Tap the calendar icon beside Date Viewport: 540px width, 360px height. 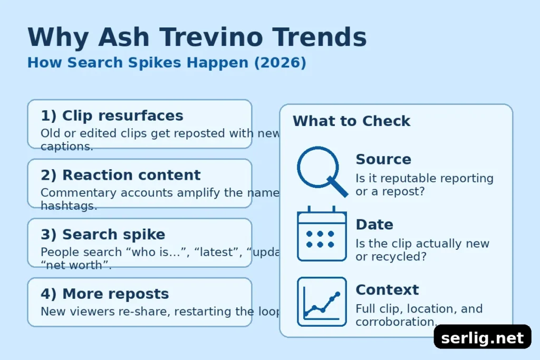pos(322,234)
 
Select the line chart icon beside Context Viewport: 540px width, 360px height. pos(322,301)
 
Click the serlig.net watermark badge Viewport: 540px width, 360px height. pos(482,337)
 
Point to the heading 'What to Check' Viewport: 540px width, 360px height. pos(351,121)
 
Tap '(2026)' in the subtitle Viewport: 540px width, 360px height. pos(279,62)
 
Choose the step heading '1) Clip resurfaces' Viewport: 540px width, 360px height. pos(112,115)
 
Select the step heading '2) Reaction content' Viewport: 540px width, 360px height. pos(121,175)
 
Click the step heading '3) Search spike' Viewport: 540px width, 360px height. pos(103,234)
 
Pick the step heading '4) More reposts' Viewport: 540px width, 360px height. pos(104,294)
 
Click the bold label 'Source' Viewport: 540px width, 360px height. pos(383,159)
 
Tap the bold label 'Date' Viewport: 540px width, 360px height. pos(374,225)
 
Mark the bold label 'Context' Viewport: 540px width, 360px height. pos(387,289)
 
